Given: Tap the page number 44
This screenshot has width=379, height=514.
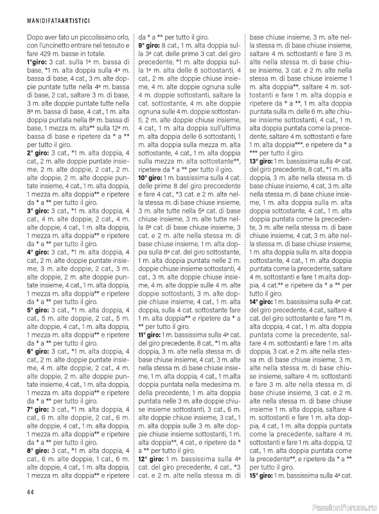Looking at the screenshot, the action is [30, 493].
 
